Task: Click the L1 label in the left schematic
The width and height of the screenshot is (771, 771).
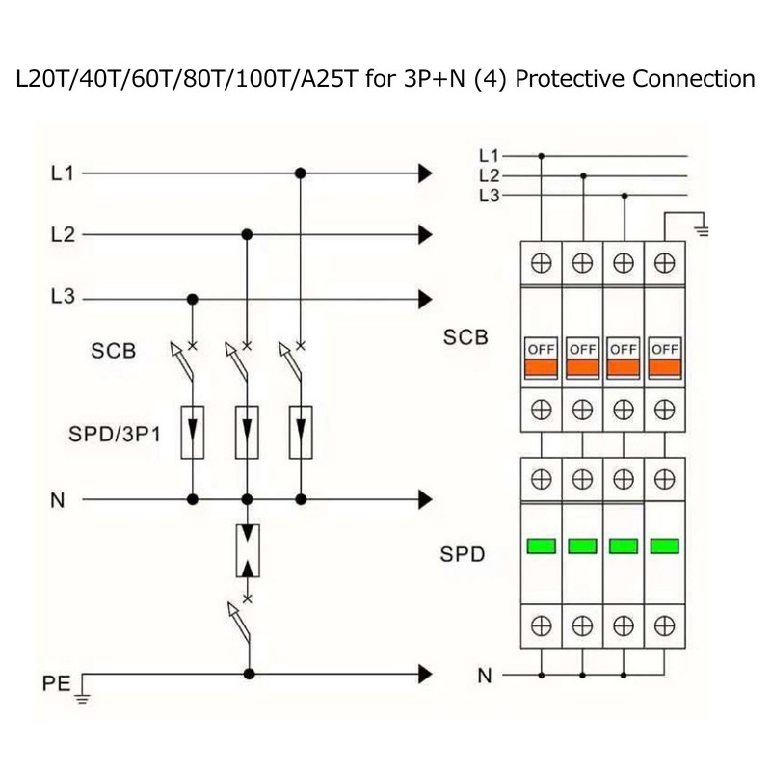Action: pyautogui.click(x=63, y=173)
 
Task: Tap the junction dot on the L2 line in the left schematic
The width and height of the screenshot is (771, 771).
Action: pyautogui.click(x=247, y=234)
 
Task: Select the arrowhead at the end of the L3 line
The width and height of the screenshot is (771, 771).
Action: pyautogui.click(x=425, y=299)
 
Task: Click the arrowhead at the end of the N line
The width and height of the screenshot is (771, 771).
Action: pyautogui.click(x=425, y=499)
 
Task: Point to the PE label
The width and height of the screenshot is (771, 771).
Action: pyautogui.click(x=56, y=683)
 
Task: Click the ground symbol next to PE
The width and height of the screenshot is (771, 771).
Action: pyautogui.click(x=82, y=691)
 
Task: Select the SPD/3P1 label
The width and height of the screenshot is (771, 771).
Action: pyautogui.click(x=115, y=435)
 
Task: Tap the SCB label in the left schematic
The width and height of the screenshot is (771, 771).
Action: pyautogui.click(x=113, y=351)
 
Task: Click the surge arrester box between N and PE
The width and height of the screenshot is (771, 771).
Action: pyautogui.click(x=248, y=550)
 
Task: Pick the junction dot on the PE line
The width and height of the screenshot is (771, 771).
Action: pyautogui.click(x=250, y=674)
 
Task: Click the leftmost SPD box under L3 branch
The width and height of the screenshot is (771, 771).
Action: pyautogui.click(x=193, y=432)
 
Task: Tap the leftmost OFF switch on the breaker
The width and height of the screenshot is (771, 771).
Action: pyautogui.click(x=542, y=358)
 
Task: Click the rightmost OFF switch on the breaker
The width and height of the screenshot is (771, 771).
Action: pyautogui.click(x=665, y=358)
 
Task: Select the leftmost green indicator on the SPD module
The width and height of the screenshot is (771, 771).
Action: pyautogui.click(x=542, y=545)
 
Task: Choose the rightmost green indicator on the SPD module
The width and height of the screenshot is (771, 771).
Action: pyautogui.click(x=665, y=545)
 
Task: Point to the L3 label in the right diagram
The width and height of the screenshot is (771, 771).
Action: pyautogui.click(x=490, y=196)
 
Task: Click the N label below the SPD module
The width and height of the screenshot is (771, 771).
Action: pyautogui.click(x=485, y=677)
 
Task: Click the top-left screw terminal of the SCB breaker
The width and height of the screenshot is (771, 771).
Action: pyautogui.click(x=542, y=263)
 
